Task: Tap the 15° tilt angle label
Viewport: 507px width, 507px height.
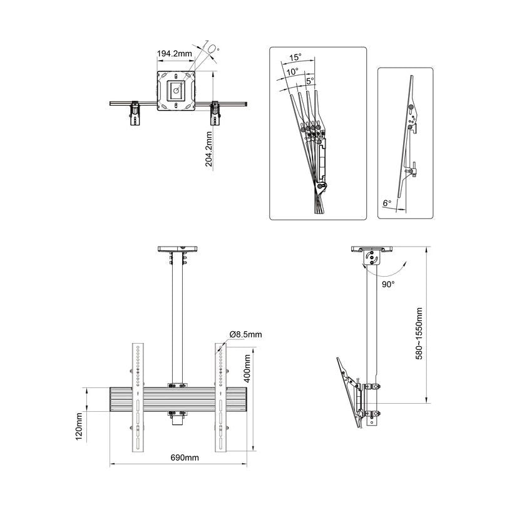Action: click(x=295, y=57)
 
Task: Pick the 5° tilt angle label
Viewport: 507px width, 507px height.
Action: click(x=310, y=81)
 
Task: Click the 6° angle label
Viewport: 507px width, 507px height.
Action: click(x=387, y=203)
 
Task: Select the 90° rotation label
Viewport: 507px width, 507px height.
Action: click(x=389, y=283)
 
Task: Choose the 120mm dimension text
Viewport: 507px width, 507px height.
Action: click(x=80, y=426)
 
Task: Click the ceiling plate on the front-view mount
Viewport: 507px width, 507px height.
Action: click(x=178, y=248)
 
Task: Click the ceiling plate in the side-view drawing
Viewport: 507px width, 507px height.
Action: click(x=373, y=248)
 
